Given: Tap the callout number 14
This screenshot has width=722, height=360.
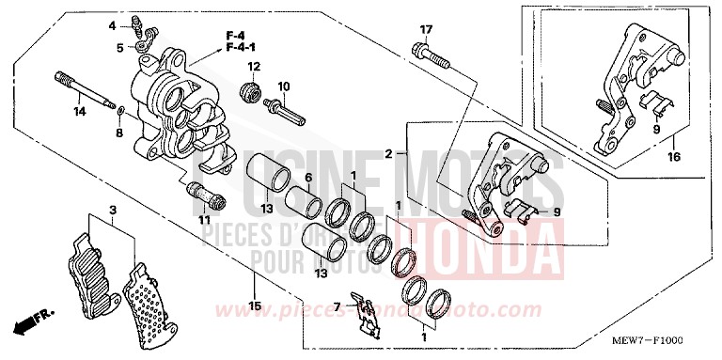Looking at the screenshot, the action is pyautogui.click(x=80, y=112).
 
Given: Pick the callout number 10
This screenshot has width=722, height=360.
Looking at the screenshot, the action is pyautogui.click(x=284, y=87).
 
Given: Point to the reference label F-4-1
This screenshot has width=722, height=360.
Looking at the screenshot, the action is pyautogui.click(x=239, y=47).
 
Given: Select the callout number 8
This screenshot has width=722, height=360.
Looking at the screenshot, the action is pyautogui.click(x=119, y=134).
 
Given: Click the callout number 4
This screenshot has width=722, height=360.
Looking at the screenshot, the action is pyautogui.click(x=111, y=24).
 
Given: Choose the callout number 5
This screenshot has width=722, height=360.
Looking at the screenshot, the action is pyautogui.click(x=120, y=47).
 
